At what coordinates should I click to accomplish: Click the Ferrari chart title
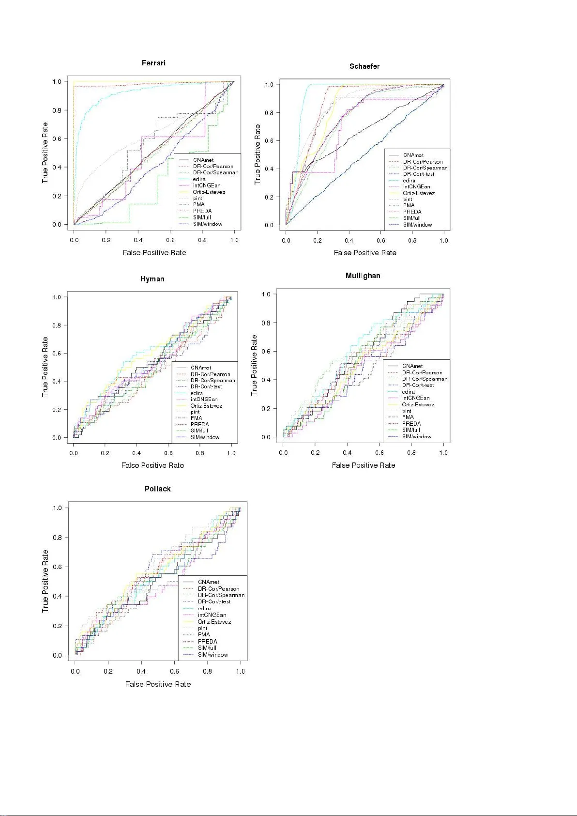click(x=153, y=63)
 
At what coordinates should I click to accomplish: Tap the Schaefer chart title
click(x=364, y=66)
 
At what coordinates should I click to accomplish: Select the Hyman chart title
click(x=152, y=279)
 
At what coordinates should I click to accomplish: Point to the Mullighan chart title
click(x=363, y=276)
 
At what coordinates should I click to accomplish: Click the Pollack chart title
click(x=157, y=489)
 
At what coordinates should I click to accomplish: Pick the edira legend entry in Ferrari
click(x=199, y=179)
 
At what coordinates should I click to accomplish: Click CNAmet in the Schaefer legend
click(x=413, y=155)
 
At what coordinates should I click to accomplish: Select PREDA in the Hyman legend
click(x=199, y=424)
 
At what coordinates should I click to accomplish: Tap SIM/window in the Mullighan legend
click(x=416, y=436)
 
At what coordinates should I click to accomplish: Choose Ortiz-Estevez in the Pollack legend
click(x=214, y=622)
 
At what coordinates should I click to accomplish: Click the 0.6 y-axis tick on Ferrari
click(x=57, y=139)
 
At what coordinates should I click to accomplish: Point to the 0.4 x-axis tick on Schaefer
click(x=349, y=240)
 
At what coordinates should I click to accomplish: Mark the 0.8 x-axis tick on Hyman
click(x=200, y=453)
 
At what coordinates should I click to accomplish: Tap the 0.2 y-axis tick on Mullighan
click(x=266, y=409)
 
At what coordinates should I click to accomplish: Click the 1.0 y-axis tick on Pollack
click(x=57, y=508)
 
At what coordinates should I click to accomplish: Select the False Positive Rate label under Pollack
click(x=158, y=684)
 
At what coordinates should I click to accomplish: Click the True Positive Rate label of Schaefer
click(x=258, y=154)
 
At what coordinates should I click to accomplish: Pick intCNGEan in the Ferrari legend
click(x=206, y=185)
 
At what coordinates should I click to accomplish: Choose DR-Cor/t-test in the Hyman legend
click(x=206, y=386)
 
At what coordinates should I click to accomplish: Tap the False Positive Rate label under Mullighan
click(x=363, y=465)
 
